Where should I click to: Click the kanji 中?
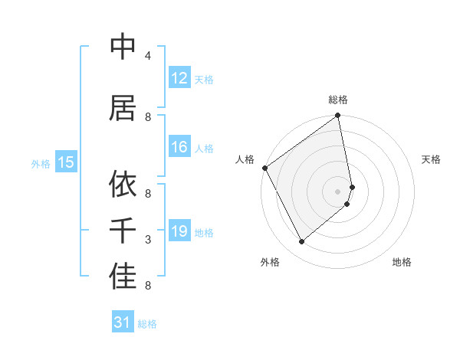123,47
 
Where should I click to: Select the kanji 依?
123,184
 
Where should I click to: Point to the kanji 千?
123,230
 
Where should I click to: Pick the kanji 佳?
123,277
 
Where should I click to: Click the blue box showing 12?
179,78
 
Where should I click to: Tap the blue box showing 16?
179,147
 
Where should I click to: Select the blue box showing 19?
179,231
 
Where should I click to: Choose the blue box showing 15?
65,162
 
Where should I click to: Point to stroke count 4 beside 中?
148,56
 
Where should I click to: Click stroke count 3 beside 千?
148,240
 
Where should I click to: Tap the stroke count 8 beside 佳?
148,286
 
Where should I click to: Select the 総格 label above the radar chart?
338,100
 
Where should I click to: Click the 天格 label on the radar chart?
432,159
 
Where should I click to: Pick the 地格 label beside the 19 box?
204,233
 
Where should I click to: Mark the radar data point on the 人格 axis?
264,168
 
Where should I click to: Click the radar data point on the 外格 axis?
301,242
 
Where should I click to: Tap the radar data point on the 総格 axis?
338,116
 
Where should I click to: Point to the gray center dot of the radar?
338,191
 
